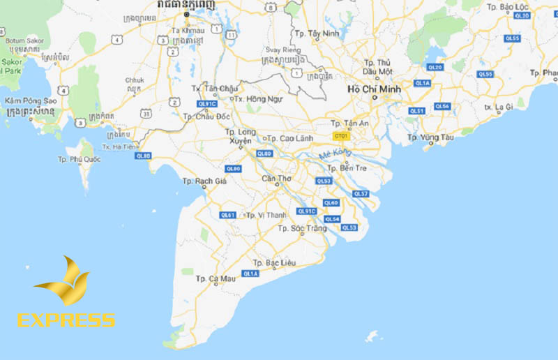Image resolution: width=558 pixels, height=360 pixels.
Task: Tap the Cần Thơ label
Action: tap(276, 179)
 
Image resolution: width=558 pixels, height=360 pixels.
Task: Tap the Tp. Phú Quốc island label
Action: tap(80, 159)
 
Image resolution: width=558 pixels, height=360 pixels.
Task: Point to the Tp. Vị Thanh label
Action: tap(266, 215)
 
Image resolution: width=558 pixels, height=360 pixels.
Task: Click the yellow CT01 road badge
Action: tap(340, 136)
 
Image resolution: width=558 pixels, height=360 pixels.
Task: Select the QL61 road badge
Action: tap(228, 215)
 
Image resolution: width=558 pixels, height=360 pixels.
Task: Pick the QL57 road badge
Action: tap(361, 193)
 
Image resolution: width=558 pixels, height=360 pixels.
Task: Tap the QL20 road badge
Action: tap(435, 67)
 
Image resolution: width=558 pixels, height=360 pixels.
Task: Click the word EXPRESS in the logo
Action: tap(66, 320)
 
